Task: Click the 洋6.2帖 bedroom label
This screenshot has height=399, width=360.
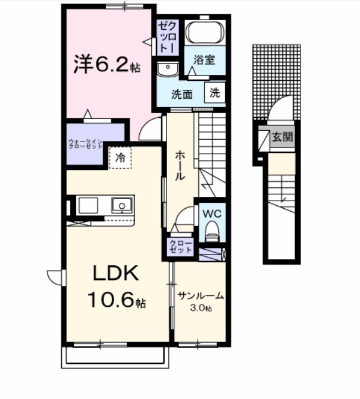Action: tap(107, 64)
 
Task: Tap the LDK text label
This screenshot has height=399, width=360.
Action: tap(115, 274)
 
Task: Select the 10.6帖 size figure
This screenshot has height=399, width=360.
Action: tap(117, 301)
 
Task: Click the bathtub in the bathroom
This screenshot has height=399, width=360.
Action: tap(204, 33)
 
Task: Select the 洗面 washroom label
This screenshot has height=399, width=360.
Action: tap(182, 94)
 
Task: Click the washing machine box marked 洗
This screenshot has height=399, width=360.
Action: tap(215, 93)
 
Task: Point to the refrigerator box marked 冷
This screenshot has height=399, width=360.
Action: tap(120, 158)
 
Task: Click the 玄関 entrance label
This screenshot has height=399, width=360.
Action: tap(282, 137)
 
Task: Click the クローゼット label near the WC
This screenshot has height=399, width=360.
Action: tap(180, 247)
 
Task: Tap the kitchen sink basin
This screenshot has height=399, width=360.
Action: tap(123, 206)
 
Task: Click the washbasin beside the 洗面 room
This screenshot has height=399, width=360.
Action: tap(167, 70)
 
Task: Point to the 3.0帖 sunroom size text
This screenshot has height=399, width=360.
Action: tap(200, 307)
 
